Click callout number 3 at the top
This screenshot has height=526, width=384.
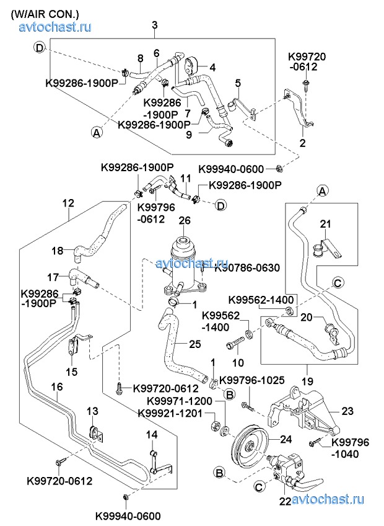tap(154, 25)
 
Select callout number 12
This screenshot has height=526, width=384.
tap(68, 202)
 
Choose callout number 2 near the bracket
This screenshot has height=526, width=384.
tap(303, 143)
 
